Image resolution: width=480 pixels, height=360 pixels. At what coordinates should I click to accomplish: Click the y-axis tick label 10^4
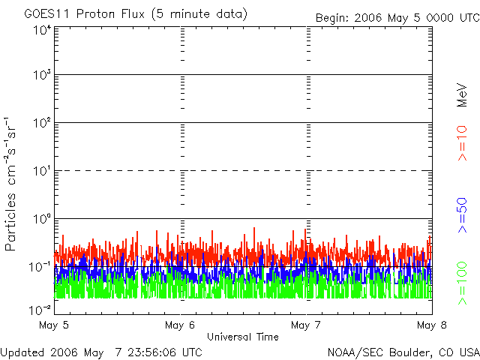point(41,30)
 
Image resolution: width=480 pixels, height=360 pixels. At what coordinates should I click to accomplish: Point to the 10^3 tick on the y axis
point(41,76)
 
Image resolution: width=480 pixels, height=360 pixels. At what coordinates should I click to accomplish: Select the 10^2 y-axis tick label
point(41,124)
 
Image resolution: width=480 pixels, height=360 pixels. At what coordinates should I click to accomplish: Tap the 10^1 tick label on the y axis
point(41,172)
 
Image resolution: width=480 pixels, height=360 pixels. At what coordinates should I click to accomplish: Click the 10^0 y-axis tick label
point(41,220)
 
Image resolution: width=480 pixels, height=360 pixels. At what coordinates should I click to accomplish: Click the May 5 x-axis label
point(53,325)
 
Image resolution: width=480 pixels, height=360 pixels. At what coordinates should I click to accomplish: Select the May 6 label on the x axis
point(180,325)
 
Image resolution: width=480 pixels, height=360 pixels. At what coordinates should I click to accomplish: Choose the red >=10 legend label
point(463,142)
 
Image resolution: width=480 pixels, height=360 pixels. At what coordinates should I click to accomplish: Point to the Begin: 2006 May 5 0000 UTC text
point(397,17)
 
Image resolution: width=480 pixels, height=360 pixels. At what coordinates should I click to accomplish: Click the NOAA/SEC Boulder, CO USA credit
point(403,352)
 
